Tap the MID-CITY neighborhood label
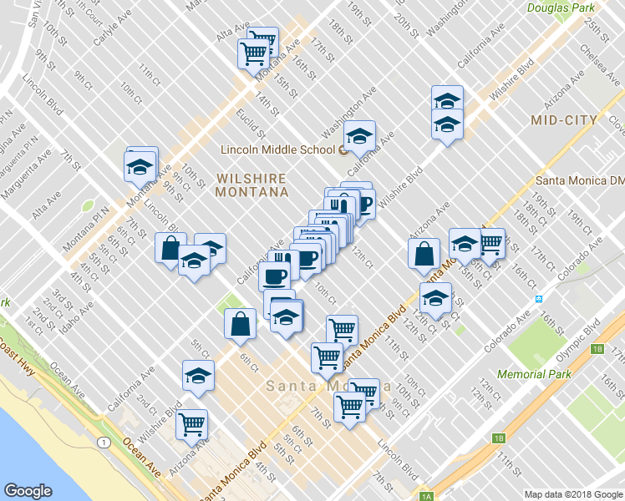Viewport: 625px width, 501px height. coord(564,120)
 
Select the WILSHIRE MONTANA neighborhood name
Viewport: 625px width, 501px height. coord(252,185)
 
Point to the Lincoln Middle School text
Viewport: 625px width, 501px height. coord(277,150)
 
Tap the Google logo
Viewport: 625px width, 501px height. coord(28,491)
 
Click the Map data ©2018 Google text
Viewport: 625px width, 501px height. coord(573,494)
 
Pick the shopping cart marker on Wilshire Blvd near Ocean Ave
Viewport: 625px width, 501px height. coord(191,424)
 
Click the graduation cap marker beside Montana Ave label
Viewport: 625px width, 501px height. coord(141,166)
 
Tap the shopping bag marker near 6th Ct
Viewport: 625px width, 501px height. coord(241,325)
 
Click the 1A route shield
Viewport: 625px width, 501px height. coord(426,496)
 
